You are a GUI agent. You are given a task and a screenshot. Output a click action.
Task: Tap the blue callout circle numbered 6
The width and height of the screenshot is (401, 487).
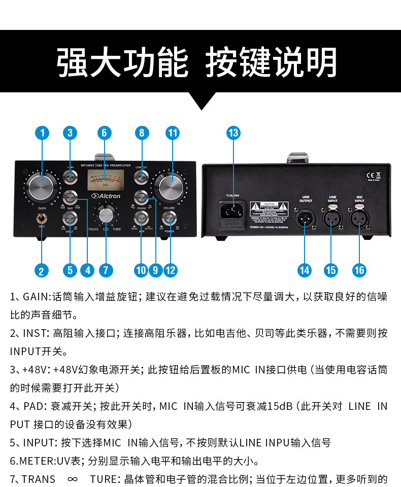(104, 133)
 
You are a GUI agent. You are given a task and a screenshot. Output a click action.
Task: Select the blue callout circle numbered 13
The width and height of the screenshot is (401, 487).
(233, 133)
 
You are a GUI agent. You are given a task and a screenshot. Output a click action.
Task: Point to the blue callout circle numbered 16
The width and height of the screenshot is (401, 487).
(359, 270)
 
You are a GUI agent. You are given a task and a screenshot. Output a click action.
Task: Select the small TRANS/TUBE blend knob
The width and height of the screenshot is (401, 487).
(106, 215)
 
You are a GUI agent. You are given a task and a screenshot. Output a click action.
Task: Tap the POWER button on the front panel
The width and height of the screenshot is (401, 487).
(170, 219)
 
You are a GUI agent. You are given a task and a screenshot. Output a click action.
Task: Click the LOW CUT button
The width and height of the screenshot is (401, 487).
(141, 178)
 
